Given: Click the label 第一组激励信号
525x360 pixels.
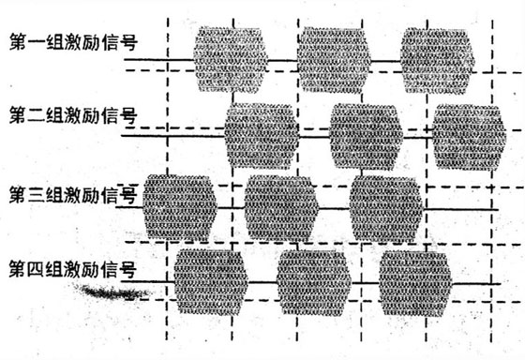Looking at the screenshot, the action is pos(73,42).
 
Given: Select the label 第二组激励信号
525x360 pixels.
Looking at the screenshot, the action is pos(73,115).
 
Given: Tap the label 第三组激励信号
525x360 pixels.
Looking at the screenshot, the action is pos(73,195).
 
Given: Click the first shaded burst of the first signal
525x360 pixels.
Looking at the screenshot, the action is pos(231,60).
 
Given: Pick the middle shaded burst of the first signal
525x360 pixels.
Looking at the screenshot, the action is pos(334,60).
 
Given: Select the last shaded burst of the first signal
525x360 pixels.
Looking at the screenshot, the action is pos(438,61).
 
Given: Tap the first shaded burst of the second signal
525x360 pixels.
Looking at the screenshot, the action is pos(262,136).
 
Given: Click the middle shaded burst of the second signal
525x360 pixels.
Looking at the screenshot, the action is pos(367,136).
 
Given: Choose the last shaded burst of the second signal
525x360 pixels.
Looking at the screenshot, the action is pos(469,137).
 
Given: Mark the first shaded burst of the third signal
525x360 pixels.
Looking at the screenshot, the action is pos(180,207).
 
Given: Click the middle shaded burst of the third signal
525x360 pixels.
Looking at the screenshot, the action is pos(281,208).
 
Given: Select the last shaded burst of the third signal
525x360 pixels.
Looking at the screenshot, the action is pos(386,209).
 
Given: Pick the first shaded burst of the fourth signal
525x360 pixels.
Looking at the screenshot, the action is pos(211,282).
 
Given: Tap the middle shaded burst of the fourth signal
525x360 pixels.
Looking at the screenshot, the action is pos(314,283).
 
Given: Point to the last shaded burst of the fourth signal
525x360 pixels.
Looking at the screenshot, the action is pos(415,284).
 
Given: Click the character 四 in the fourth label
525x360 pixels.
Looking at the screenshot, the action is pos(35,270).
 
